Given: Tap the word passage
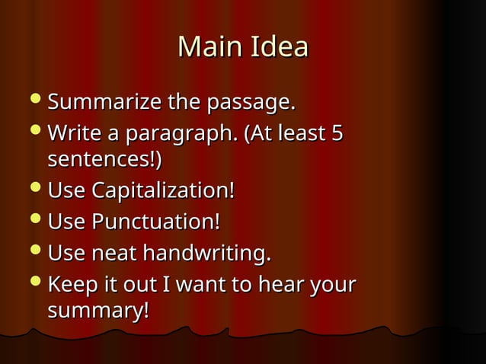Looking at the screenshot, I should click(254, 102).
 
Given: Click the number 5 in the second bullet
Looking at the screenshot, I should click(336, 134).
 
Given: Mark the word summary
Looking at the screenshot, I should click(97, 312).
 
